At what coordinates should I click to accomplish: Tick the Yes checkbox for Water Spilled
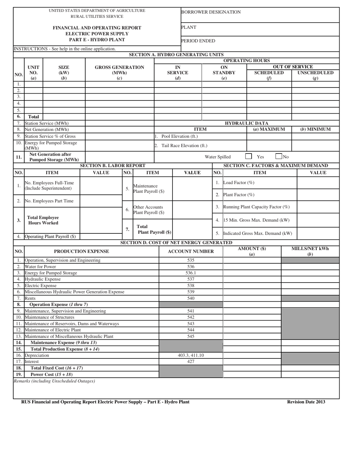pos(249,156)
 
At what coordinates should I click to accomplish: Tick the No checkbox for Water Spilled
pos(279,156)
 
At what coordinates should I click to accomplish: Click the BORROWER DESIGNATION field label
pos(211,12)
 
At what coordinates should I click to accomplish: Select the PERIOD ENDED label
pos(198,41)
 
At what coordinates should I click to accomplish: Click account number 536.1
pos(191,273)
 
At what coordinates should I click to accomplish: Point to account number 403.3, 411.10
pos(191,355)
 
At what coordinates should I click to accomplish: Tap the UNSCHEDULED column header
pos(315,73)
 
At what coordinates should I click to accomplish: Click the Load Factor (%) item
pos(239,183)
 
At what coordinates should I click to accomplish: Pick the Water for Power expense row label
pos(40,267)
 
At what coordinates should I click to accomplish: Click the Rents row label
pos(30,298)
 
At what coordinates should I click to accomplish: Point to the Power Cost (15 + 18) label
pos(52,374)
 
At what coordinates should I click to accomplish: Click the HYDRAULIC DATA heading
pos(247,123)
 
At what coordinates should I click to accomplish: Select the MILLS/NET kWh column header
pos(310,252)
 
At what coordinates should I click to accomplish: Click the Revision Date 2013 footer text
pos(306,402)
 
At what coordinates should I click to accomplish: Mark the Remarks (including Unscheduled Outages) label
pos(54,381)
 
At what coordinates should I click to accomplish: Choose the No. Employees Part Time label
pos(49,201)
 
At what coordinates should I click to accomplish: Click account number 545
pos(191,336)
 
